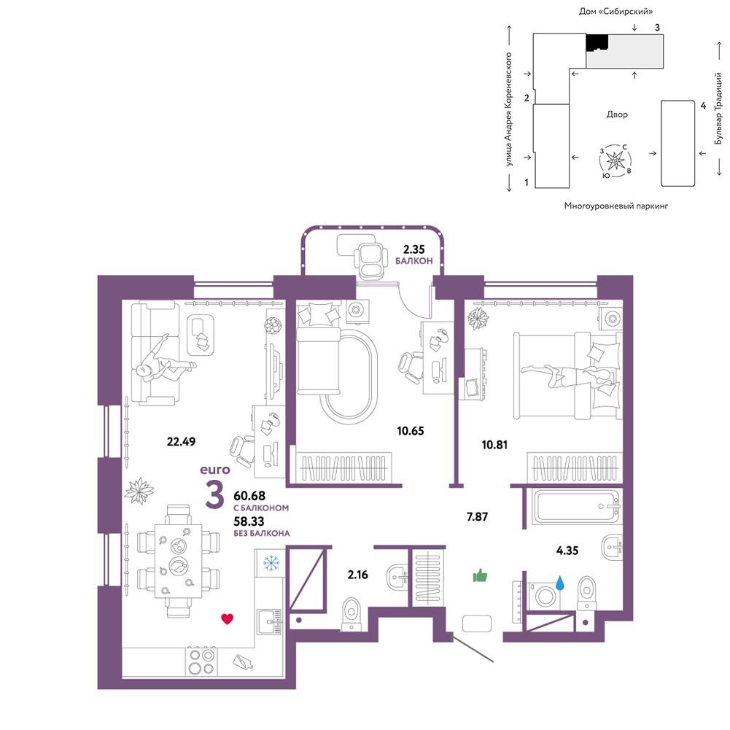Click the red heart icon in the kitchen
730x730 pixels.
pyautogui.click(x=227, y=618)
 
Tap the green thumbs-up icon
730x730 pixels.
pyautogui.click(x=480, y=576)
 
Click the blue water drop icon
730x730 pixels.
pyautogui.click(x=559, y=583)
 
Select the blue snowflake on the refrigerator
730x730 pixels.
pyautogui.click(x=270, y=563)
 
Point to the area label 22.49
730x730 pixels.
pyautogui.click(x=181, y=441)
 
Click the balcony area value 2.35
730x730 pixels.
pyautogui.click(x=414, y=249)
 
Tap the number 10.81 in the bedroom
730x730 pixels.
pyautogui.click(x=494, y=445)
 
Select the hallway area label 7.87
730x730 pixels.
pyautogui.click(x=477, y=516)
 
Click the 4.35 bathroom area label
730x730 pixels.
pyautogui.click(x=567, y=551)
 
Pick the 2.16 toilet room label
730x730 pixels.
pyautogui.click(x=357, y=575)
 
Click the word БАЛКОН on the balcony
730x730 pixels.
pyautogui.click(x=414, y=261)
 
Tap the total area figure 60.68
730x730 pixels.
pyautogui.click(x=249, y=496)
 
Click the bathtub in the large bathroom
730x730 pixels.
pyautogui.click(x=578, y=506)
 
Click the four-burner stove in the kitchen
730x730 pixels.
pyautogui.click(x=201, y=662)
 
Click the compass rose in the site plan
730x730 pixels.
pyautogui.click(x=616, y=160)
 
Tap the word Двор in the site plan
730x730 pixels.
pyautogui.click(x=617, y=114)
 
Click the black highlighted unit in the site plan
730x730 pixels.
pyautogui.click(x=597, y=43)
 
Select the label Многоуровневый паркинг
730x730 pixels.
pyautogui.click(x=616, y=206)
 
